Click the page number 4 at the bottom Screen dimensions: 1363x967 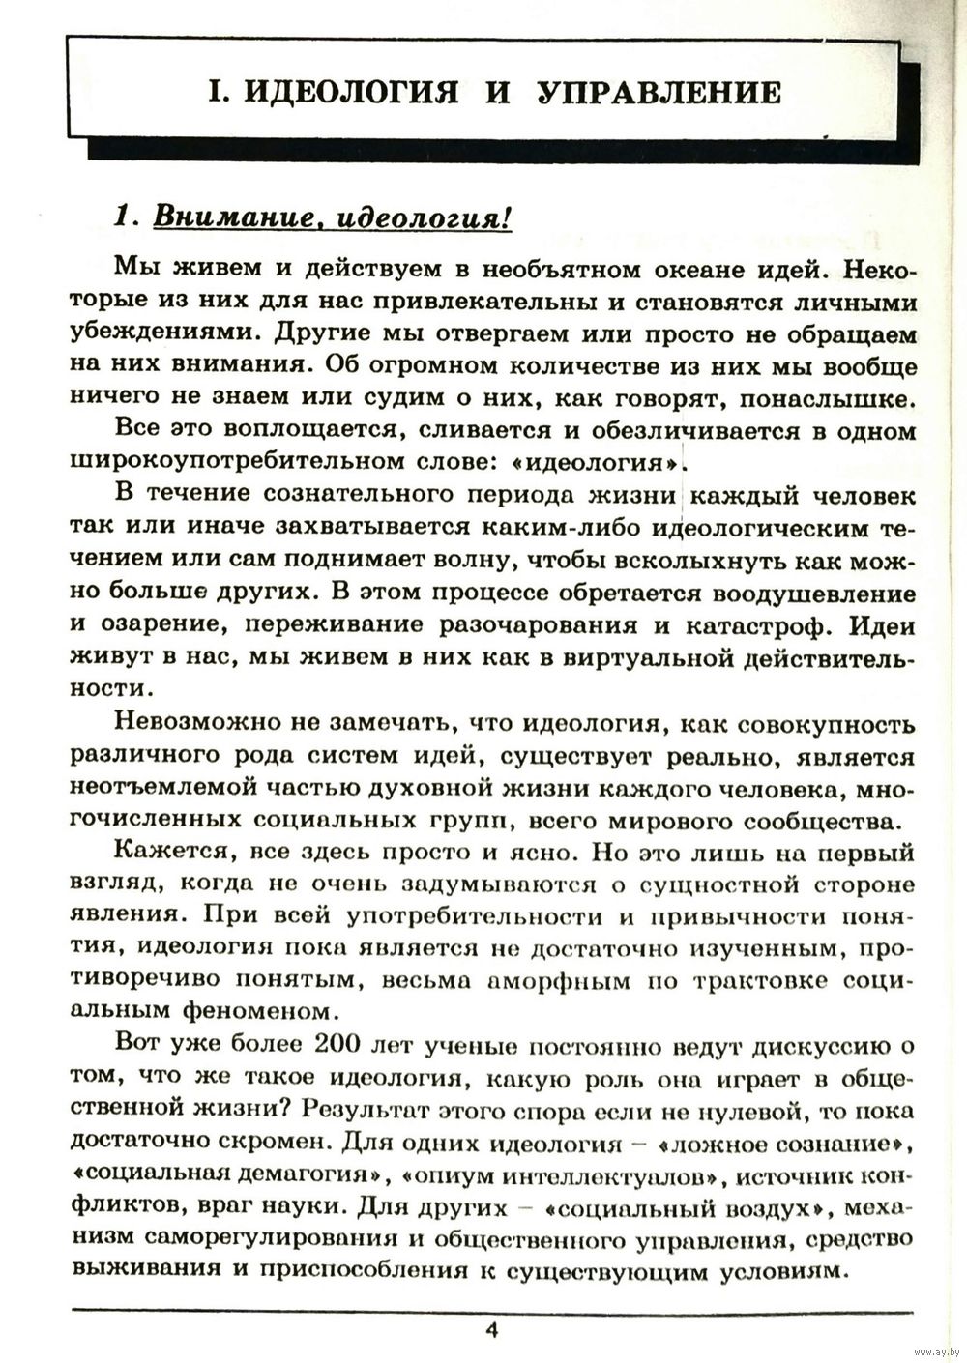(x=491, y=1330)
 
